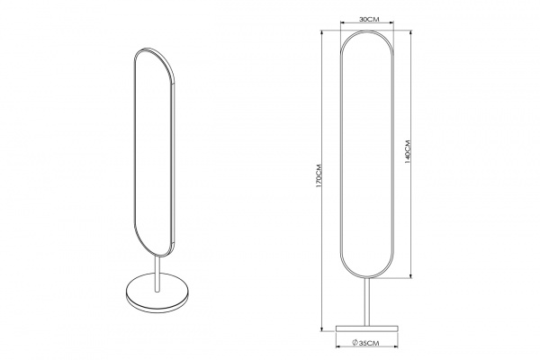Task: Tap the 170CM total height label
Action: (x=319, y=175)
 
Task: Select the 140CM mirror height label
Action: (x=408, y=151)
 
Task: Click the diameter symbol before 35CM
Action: (x=355, y=343)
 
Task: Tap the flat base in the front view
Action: (x=367, y=328)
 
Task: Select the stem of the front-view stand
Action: (x=367, y=301)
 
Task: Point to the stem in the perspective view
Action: (x=157, y=274)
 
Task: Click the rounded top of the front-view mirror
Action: (x=367, y=31)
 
